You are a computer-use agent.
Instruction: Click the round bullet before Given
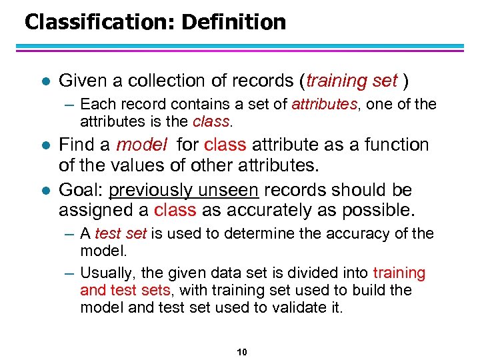point(44,81)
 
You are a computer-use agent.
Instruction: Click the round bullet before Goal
point(44,191)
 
